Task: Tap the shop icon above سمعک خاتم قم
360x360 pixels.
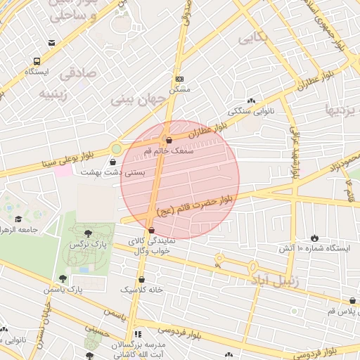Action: click(168, 139)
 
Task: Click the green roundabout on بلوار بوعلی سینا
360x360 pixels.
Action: click(116, 149)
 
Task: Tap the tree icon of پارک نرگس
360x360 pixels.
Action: click(87, 233)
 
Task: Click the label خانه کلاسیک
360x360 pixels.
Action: click(141, 290)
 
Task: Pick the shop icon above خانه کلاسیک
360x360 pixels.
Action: click(141, 279)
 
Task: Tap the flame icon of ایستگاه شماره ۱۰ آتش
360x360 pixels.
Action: click(314, 238)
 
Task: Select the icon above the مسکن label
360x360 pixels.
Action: click(180, 79)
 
